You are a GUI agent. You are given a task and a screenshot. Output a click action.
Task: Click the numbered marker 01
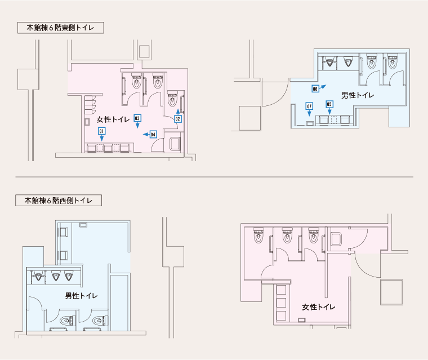(x=101, y=131)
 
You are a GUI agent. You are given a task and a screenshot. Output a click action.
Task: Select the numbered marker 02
(x=178, y=119)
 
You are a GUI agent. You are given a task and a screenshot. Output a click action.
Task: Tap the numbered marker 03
(x=137, y=118)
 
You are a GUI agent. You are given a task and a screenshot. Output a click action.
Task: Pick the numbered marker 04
(x=153, y=135)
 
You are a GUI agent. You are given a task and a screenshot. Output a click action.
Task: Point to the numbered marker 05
(x=329, y=104)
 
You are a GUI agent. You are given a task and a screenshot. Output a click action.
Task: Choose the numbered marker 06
(x=315, y=89)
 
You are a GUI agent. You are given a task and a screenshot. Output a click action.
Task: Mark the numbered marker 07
(x=309, y=106)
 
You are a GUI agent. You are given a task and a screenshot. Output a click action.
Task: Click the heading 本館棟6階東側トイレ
(x=60, y=28)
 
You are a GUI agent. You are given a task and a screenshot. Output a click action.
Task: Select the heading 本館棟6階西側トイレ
(x=59, y=201)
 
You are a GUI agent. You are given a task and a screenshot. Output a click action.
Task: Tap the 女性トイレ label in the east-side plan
(x=113, y=119)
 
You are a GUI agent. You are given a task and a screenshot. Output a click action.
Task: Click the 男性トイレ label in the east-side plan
(x=358, y=95)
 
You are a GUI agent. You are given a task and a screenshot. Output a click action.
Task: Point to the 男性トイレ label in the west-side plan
(x=81, y=296)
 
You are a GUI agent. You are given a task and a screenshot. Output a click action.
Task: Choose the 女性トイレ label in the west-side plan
(x=319, y=307)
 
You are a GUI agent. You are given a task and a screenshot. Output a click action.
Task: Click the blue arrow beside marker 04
(x=146, y=135)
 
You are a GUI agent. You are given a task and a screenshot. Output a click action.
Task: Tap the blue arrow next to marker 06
(x=322, y=87)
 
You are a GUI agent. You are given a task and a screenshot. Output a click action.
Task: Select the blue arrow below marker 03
(x=137, y=125)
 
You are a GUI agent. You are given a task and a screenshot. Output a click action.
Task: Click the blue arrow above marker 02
(x=178, y=112)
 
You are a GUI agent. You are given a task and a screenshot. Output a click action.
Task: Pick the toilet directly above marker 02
(x=172, y=99)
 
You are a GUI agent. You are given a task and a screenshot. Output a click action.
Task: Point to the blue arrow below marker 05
(x=329, y=111)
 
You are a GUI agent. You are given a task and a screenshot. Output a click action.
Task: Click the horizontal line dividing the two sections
(x=214, y=177)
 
